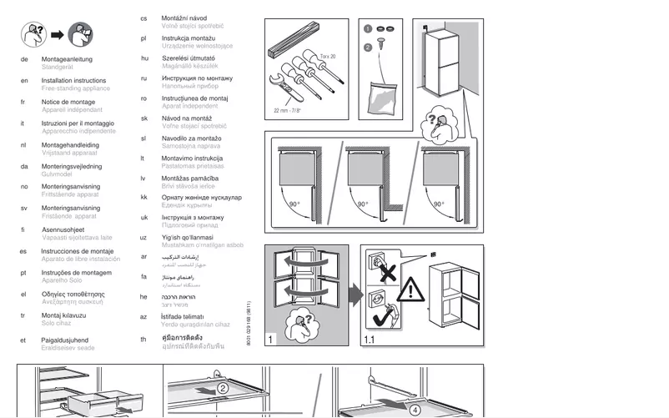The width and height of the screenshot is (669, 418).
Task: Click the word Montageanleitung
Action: point(67,59)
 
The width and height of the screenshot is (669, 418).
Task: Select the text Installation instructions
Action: point(73,81)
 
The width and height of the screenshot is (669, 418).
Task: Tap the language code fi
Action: point(23,229)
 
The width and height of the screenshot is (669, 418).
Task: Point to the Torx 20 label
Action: point(328,56)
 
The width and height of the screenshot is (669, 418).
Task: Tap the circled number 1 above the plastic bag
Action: point(368,28)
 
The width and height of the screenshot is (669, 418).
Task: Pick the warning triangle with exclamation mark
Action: point(409,290)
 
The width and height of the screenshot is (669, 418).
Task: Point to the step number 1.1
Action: point(370,340)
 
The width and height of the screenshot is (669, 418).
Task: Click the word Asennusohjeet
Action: point(63,229)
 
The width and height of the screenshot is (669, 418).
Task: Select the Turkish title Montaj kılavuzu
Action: point(65,315)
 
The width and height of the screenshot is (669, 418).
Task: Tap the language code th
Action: point(143,339)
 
